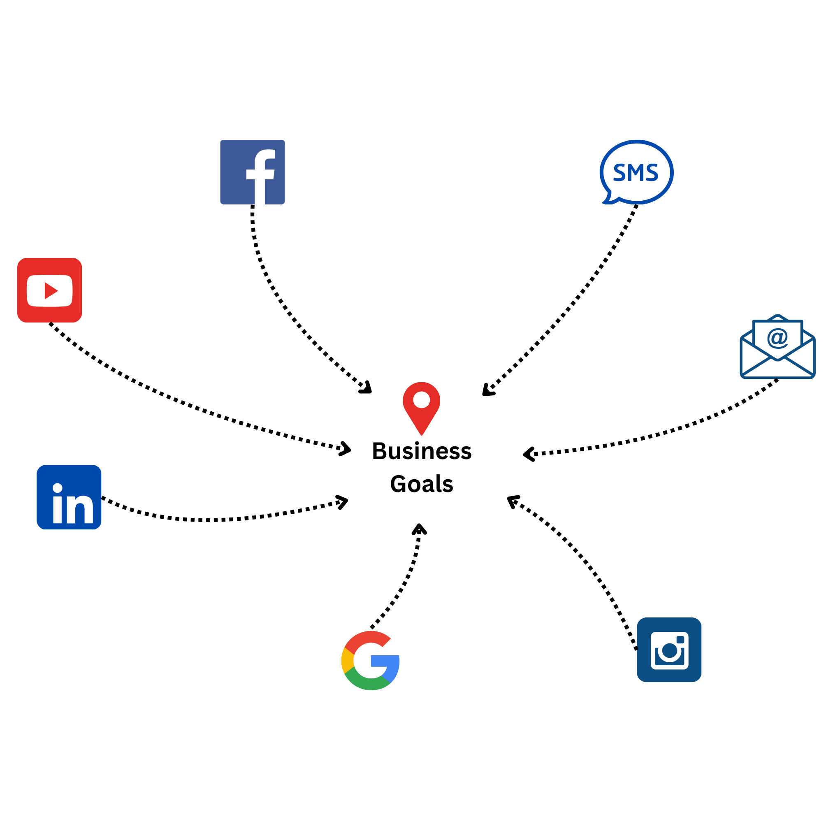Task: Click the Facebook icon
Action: (252, 172)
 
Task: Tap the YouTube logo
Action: (50, 290)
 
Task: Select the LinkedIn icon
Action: (69, 497)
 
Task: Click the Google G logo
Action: (370, 661)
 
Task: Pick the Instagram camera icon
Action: (669, 650)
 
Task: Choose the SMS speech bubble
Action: (636, 172)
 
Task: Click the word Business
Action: (422, 451)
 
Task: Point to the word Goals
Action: (422, 484)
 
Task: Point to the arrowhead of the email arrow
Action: (528, 454)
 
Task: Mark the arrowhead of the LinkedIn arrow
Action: (343, 501)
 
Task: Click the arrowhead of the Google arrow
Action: (419, 528)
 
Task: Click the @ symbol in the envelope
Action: (777, 338)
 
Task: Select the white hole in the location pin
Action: (421, 400)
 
